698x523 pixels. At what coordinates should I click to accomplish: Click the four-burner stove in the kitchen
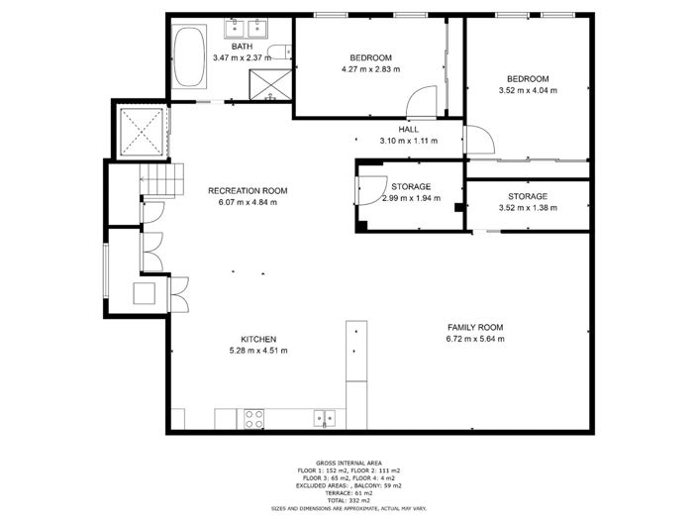(253, 419)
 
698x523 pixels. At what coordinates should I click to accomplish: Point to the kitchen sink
(324, 418)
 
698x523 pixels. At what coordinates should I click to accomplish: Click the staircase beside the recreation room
(162, 180)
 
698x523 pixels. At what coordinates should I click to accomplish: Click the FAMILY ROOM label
(475, 328)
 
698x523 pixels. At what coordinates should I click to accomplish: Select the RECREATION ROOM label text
(247, 190)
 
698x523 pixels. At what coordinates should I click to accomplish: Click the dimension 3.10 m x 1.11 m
(408, 141)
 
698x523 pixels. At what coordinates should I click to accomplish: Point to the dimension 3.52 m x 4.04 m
(528, 90)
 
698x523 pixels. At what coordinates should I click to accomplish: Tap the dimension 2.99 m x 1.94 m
(410, 198)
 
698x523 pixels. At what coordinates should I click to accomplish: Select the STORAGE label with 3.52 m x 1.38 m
(528, 196)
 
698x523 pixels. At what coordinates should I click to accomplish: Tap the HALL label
(408, 129)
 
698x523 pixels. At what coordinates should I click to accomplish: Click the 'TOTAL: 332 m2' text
(349, 500)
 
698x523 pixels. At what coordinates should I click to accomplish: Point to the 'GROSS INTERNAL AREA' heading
(349, 463)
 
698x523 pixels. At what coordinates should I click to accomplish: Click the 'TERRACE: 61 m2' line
(349, 492)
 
